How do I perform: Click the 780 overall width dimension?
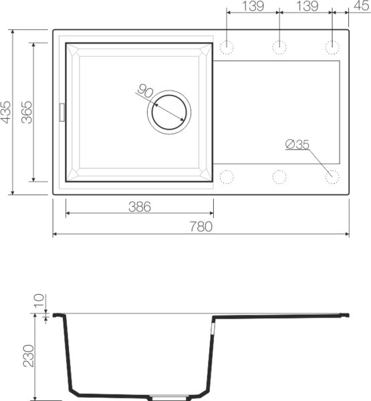(201, 227)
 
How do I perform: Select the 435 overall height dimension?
(7, 112)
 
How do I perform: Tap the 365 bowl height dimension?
(27, 112)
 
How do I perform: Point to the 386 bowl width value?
(139, 207)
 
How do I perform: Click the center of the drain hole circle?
(168, 111)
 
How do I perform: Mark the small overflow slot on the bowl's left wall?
(63, 112)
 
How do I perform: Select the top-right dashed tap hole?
(332, 47)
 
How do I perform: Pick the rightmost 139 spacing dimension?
(305, 6)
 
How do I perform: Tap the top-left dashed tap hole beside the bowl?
(227, 47)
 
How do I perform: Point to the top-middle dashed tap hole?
(279, 47)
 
